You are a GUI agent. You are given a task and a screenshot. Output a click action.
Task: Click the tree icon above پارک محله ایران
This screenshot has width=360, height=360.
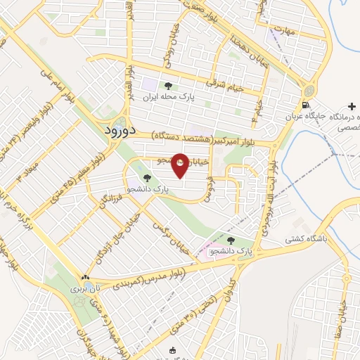[167, 86]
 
